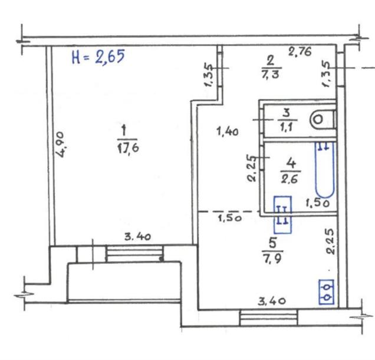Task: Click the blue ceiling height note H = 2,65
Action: click(98, 57)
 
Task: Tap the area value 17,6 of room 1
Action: click(128, 148)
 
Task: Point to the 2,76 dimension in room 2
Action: click(300, 51)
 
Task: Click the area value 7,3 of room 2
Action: click(270, 74)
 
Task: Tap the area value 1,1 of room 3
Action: click(287, 127)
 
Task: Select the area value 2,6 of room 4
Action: click(290, 179)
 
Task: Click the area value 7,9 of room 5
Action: click(272, 258)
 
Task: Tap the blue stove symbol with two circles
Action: click(326, 292)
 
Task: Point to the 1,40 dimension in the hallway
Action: click(227, 132)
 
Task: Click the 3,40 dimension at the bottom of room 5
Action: click(272, 301)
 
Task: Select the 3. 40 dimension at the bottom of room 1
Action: click(138, 237)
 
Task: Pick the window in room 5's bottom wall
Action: click(268, 318)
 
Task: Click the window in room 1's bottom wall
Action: click(134, 253)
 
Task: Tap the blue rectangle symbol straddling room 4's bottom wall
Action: click(282, 215)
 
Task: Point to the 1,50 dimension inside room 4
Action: click(318, 203)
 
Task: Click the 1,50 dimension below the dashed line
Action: click(229, 218)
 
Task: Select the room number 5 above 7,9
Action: click(272, 243)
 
